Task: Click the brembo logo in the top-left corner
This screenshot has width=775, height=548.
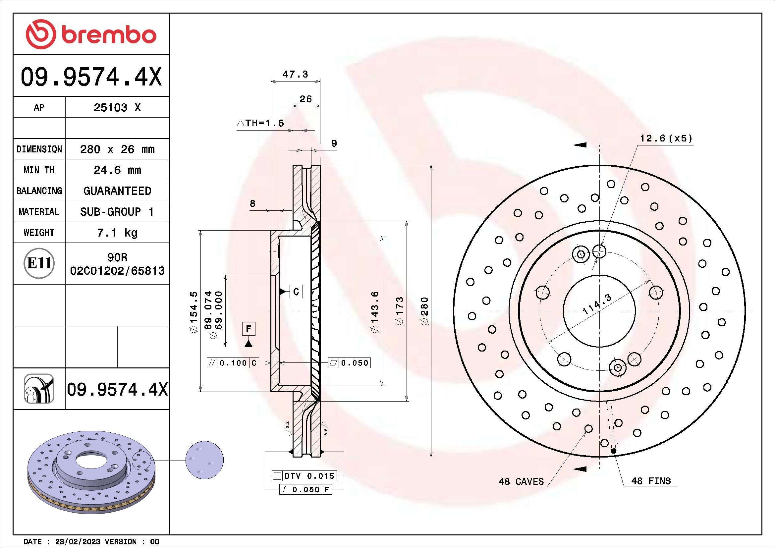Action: coord(91,34)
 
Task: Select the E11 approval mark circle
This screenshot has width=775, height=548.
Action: coord(39,263)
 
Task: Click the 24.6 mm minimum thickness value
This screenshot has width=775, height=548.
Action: coord(117,170)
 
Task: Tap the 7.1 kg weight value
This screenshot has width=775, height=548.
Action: coord(117,233)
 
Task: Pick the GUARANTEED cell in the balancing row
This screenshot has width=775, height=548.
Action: coord(117,191)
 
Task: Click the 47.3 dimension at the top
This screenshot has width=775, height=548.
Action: coord(295,74)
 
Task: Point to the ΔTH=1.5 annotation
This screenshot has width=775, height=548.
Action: coord(260,123)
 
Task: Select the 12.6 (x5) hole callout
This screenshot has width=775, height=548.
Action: coord(666,138)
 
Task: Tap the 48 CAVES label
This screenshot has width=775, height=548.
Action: coord(521,481)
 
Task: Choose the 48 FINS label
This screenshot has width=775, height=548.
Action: coord(651,481)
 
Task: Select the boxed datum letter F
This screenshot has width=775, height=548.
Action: coord(249,329)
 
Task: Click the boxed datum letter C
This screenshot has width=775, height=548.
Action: coord(296,292)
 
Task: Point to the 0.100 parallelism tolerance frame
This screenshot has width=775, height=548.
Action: coord(233,363)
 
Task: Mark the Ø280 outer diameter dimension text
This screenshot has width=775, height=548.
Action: coord(425,311)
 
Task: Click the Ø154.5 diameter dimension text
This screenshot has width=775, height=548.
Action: coord(194,312)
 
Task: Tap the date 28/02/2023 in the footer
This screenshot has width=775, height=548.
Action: coord(77,542)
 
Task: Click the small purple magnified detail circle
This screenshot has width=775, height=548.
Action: coord(204,460)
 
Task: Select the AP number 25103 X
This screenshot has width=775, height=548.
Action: coord(117,108)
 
